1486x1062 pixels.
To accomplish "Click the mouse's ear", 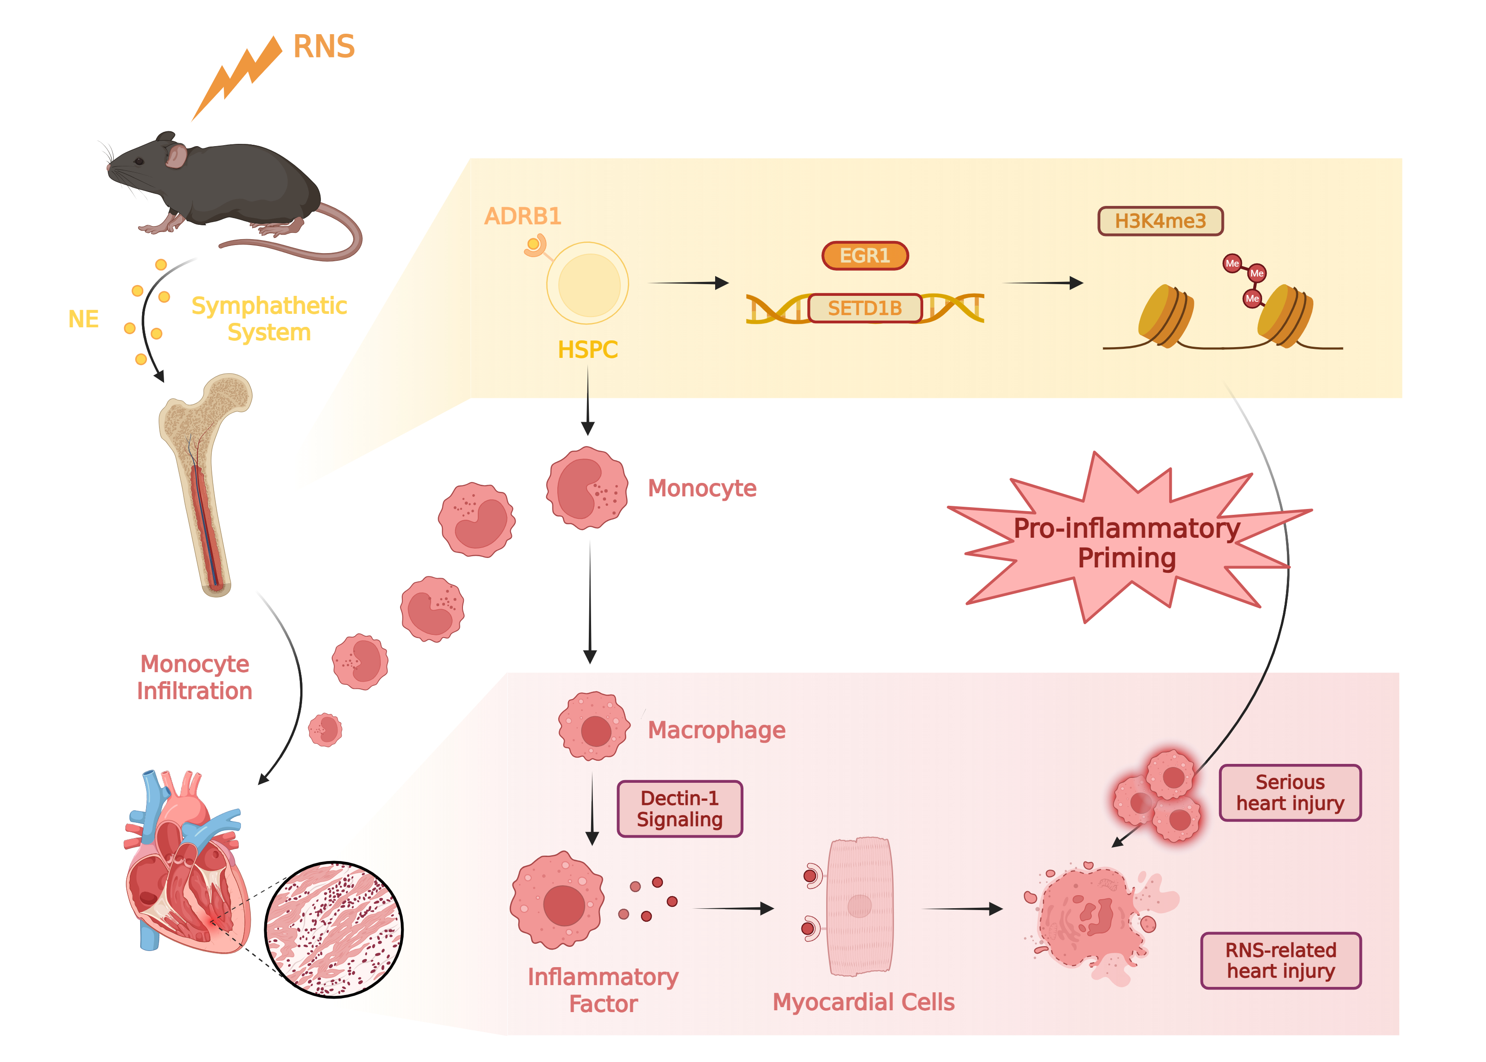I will [x=176, y=156].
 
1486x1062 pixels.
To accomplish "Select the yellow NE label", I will [x=84, y=319].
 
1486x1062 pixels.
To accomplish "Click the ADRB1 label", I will [x=522, y=216].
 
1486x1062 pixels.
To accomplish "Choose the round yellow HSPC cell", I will [x=588, y=284].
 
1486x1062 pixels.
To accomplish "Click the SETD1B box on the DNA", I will [x=864, y=308].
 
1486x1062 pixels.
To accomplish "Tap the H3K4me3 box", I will [x=1160, y=221].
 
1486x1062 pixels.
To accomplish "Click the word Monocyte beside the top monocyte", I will [x=702, y=488].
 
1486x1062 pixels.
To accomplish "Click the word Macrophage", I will [x=716, y=730].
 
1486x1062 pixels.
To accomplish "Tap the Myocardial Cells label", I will [x=863, y=1002].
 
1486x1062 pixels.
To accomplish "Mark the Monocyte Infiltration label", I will [x=194, y=678].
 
